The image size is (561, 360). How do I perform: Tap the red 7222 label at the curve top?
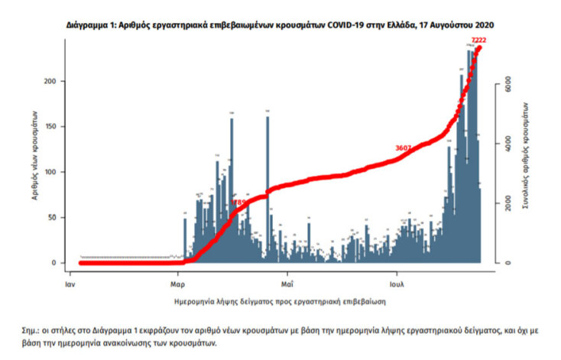[478, 40]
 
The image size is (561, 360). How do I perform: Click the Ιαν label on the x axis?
[70, 283]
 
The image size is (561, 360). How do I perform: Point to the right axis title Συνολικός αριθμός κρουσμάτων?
[527, 161]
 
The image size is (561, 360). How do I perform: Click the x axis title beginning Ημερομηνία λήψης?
[280, 301]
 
